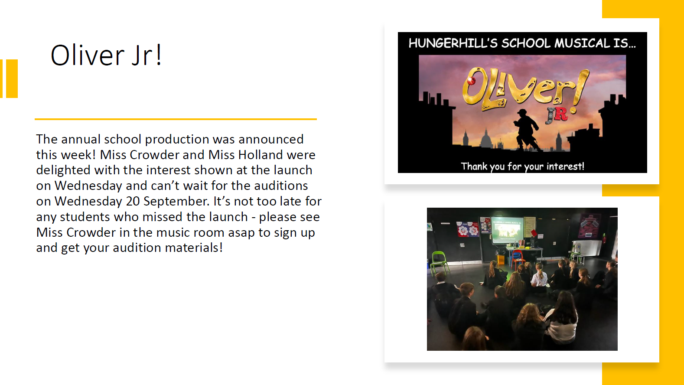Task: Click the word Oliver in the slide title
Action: (x=87, y=55)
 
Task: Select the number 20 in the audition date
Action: (x=133, y=201)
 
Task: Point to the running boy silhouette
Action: (x=526, y=130)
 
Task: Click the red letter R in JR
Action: (x=561, y=114)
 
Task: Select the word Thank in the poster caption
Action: (x=474, y=166)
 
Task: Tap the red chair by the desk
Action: (x=517, y=258)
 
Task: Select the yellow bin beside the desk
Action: (x=501, y=260)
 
